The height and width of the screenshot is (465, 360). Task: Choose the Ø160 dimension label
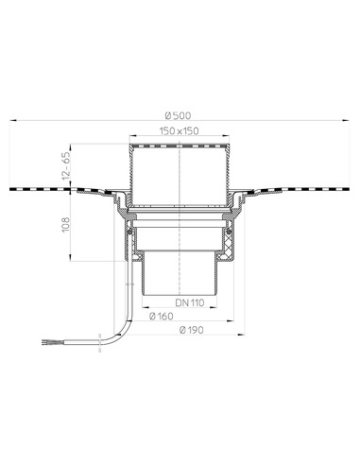click(162, 317)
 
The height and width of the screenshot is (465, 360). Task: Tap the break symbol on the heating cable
click(100, 335)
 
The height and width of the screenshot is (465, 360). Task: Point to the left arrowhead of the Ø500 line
click(15, 121)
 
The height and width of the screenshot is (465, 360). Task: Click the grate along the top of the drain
click(179, 146)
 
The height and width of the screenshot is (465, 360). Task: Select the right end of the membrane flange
click(342, 190)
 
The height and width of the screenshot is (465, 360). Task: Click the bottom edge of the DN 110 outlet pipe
click(179, 294)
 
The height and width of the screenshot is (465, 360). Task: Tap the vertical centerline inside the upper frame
click(179, 175)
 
